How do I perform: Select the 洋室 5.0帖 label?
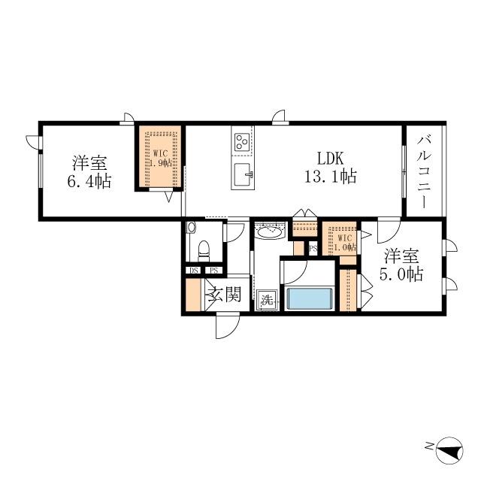coord(401,265)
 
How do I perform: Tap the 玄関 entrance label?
coord(223,294)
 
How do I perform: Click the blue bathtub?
coord(310,298)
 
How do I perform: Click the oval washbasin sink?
coord(268,234)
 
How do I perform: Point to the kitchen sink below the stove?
coord(244,174)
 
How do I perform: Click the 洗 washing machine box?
coord(265,300)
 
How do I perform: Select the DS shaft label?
coord(193,271)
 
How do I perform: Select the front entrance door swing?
coord(227,327)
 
